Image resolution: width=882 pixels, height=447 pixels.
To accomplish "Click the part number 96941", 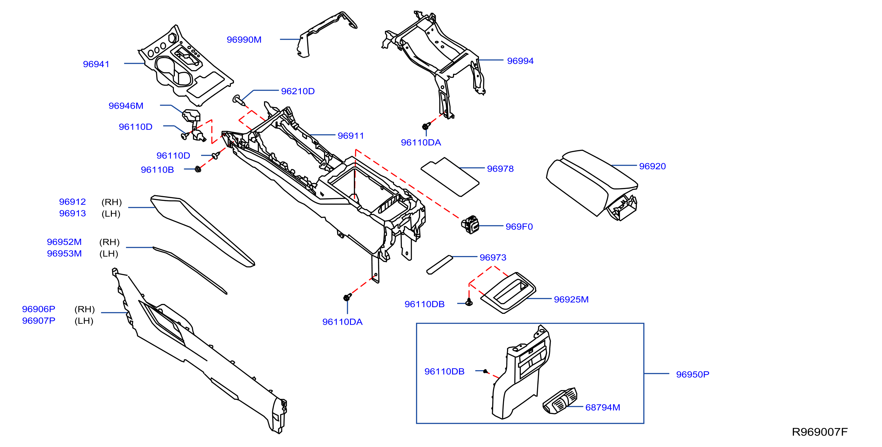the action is [x=96, y=64].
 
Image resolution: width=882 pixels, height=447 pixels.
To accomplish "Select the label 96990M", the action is [x=244, y=40].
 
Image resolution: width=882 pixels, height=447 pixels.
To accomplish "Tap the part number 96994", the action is [x=520, y=61].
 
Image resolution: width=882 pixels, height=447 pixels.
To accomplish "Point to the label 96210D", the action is [x=298, y=91].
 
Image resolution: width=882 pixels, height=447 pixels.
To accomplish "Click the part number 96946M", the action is [x=126, y=106].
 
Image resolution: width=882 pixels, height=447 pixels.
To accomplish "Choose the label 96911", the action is [x=351, y=136].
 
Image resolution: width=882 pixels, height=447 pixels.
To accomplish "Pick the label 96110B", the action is [x=157, y=170].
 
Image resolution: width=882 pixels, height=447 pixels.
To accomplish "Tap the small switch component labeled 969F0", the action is [x=470, y=224].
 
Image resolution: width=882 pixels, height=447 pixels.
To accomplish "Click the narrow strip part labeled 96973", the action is [x=439, y=264].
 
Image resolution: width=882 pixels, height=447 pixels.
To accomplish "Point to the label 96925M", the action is [x=571, y=299].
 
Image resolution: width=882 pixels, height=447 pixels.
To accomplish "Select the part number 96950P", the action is [x=693, y=374].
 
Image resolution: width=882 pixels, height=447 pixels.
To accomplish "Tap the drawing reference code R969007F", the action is [x=820, y=432].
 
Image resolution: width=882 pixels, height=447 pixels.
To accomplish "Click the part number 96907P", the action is [x=39, y=321].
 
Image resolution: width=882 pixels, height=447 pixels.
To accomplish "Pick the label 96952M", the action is [x=65, y=242].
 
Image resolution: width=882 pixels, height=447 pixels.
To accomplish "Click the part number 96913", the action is [x=73, y=214].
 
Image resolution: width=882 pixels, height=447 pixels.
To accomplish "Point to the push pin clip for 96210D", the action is [x=239, y=100].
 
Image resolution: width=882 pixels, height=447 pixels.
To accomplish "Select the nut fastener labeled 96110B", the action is [x=198, y=169].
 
